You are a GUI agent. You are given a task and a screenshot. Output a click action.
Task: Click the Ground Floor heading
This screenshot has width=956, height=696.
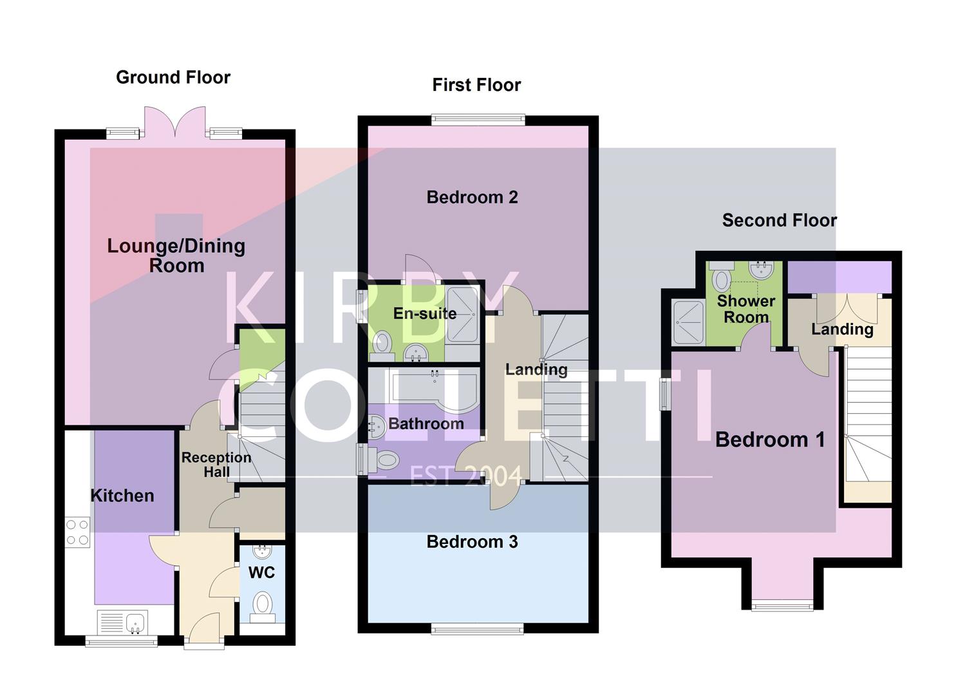(173, 77)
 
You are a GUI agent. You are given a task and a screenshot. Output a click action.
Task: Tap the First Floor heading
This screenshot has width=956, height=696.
(476, 85)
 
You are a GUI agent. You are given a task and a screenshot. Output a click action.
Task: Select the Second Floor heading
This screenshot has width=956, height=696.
(779, 220)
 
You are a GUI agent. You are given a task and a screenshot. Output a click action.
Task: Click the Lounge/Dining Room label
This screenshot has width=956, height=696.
(176, 255)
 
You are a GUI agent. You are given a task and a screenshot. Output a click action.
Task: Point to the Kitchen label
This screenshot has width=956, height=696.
(122, 496)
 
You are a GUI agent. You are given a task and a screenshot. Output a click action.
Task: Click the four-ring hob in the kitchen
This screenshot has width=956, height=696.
(78, 532)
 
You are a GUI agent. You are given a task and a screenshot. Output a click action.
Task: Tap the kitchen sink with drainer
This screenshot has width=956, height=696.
(122, 623)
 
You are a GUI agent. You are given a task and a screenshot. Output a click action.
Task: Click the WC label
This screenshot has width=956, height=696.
(261, 572)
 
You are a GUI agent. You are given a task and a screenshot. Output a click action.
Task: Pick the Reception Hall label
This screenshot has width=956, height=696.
(216, 465)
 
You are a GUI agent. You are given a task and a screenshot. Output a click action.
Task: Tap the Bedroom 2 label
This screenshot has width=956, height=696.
(472, 197)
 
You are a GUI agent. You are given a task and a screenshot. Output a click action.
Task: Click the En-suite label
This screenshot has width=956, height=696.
(425, 314)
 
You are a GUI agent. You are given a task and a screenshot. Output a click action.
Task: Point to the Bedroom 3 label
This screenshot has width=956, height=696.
(472, 542)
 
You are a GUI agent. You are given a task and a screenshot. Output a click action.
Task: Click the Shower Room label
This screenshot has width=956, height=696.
(745, 309)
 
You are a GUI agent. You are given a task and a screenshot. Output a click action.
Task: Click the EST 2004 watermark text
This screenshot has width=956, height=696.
(466, 476)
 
